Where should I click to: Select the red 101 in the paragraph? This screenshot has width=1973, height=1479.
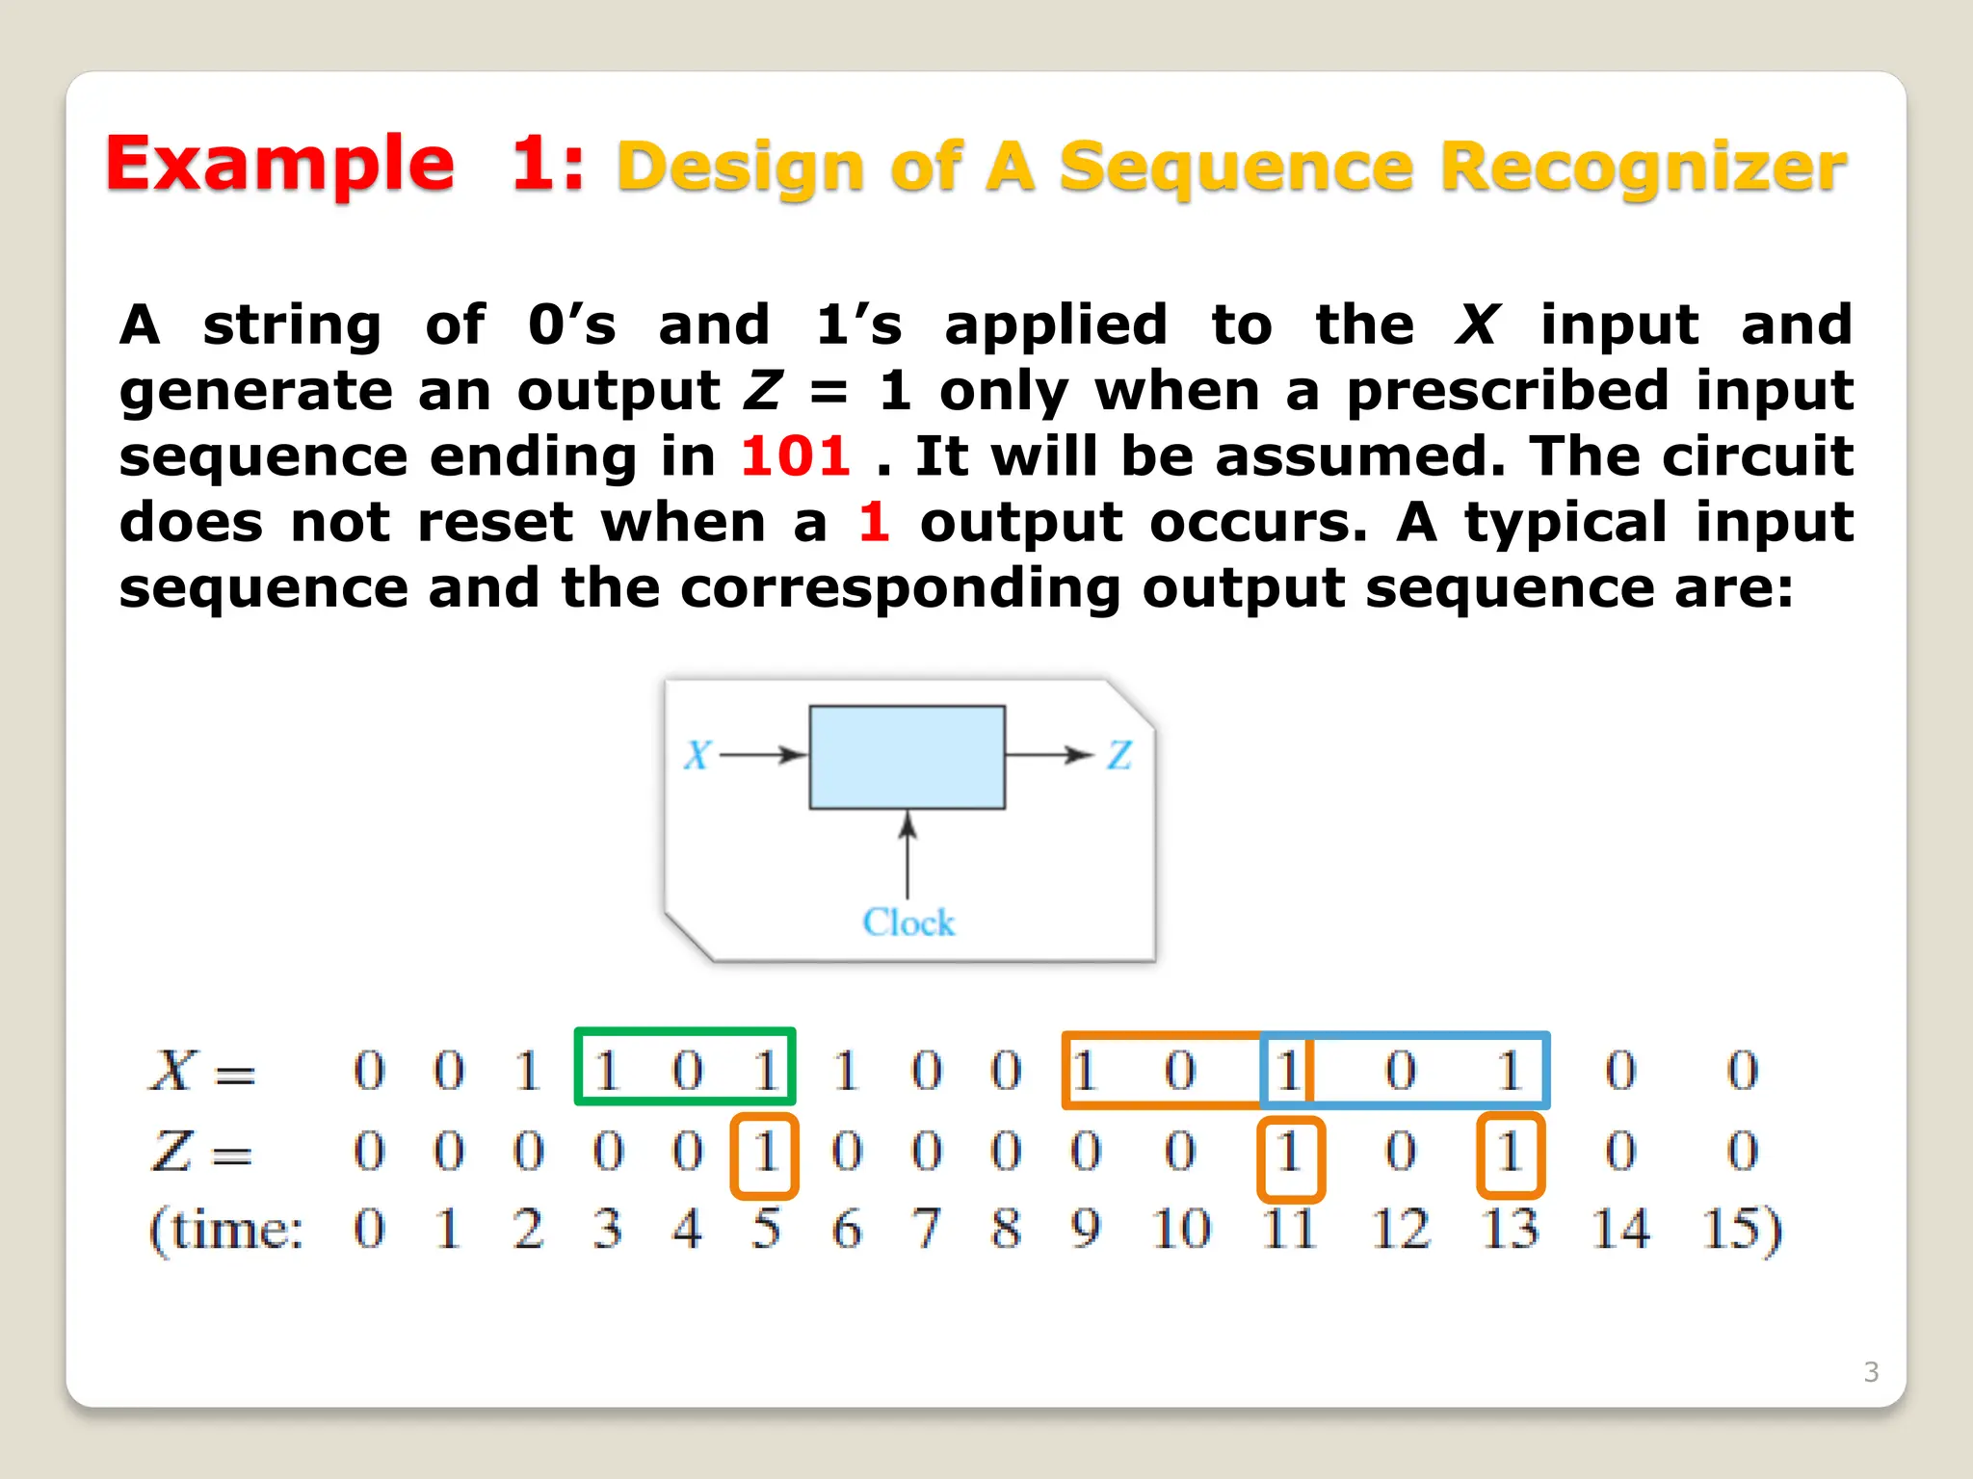(795, 455)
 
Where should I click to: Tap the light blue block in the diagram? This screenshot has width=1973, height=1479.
(907, 757)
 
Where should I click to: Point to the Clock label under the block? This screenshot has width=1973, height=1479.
(908, 921)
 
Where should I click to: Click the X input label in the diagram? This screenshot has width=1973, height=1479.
(697, 755)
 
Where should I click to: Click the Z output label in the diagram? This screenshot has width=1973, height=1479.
(1118, 755)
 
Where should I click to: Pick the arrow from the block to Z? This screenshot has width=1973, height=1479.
(1048, 755)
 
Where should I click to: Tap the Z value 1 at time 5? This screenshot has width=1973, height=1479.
(765, 1153)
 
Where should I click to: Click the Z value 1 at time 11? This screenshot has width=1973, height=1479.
(1290, 1153)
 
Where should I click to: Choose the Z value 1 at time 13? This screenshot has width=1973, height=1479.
(1510, 1153)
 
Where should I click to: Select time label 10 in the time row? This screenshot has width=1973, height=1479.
(1180, 1230)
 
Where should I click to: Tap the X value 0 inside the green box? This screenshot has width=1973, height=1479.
(687, 1070)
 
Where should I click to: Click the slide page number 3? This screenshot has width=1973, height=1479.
(1871, 1371)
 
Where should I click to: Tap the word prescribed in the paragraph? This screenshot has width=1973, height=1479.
(1507, 391)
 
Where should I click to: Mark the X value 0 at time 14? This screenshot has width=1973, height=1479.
(1619, 1070)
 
